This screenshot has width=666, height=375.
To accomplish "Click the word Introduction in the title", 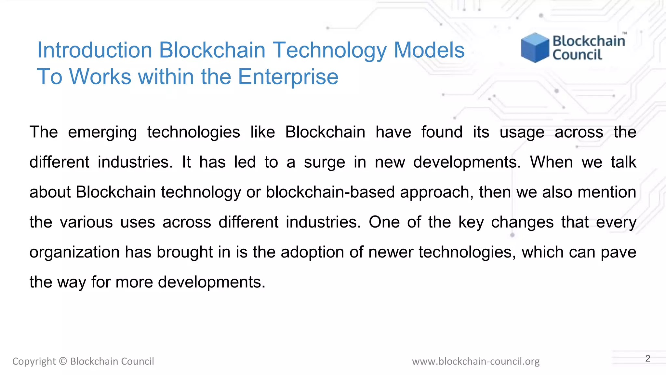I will pyautogui.click(x=95, y=50).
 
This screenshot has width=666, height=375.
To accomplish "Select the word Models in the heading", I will pyautogui.click(x=429, y=50).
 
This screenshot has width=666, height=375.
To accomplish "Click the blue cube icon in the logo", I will pyautogui.click(x=535, y=48).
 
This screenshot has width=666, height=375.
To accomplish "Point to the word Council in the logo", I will pyautogui.click(x=577, y=55).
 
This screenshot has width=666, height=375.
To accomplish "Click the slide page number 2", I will pyautogui.click(x=648, y=358).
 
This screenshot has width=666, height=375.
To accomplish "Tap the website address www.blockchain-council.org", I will pyautogui.click(x=476, y=361).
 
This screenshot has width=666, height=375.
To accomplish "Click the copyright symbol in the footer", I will pyautogui.click(x=63, y=361).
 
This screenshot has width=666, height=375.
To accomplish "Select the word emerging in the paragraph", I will pyautogui.click(x=102, y=132).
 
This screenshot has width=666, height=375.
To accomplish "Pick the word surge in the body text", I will pyautogui.click(x=324, y=162).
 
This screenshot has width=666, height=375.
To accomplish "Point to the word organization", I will pyautogui.click(x=74, y=252).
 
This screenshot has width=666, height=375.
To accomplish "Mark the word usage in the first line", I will pyautogui.click(x=522, y=132).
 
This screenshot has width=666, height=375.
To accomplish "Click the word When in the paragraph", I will pyautogui.click(x=551, y=162).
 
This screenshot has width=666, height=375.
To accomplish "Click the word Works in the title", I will pyautogui.click(x=100, y=77).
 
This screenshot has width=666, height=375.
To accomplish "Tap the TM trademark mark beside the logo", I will pyautogui.click(x=624, y=33).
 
